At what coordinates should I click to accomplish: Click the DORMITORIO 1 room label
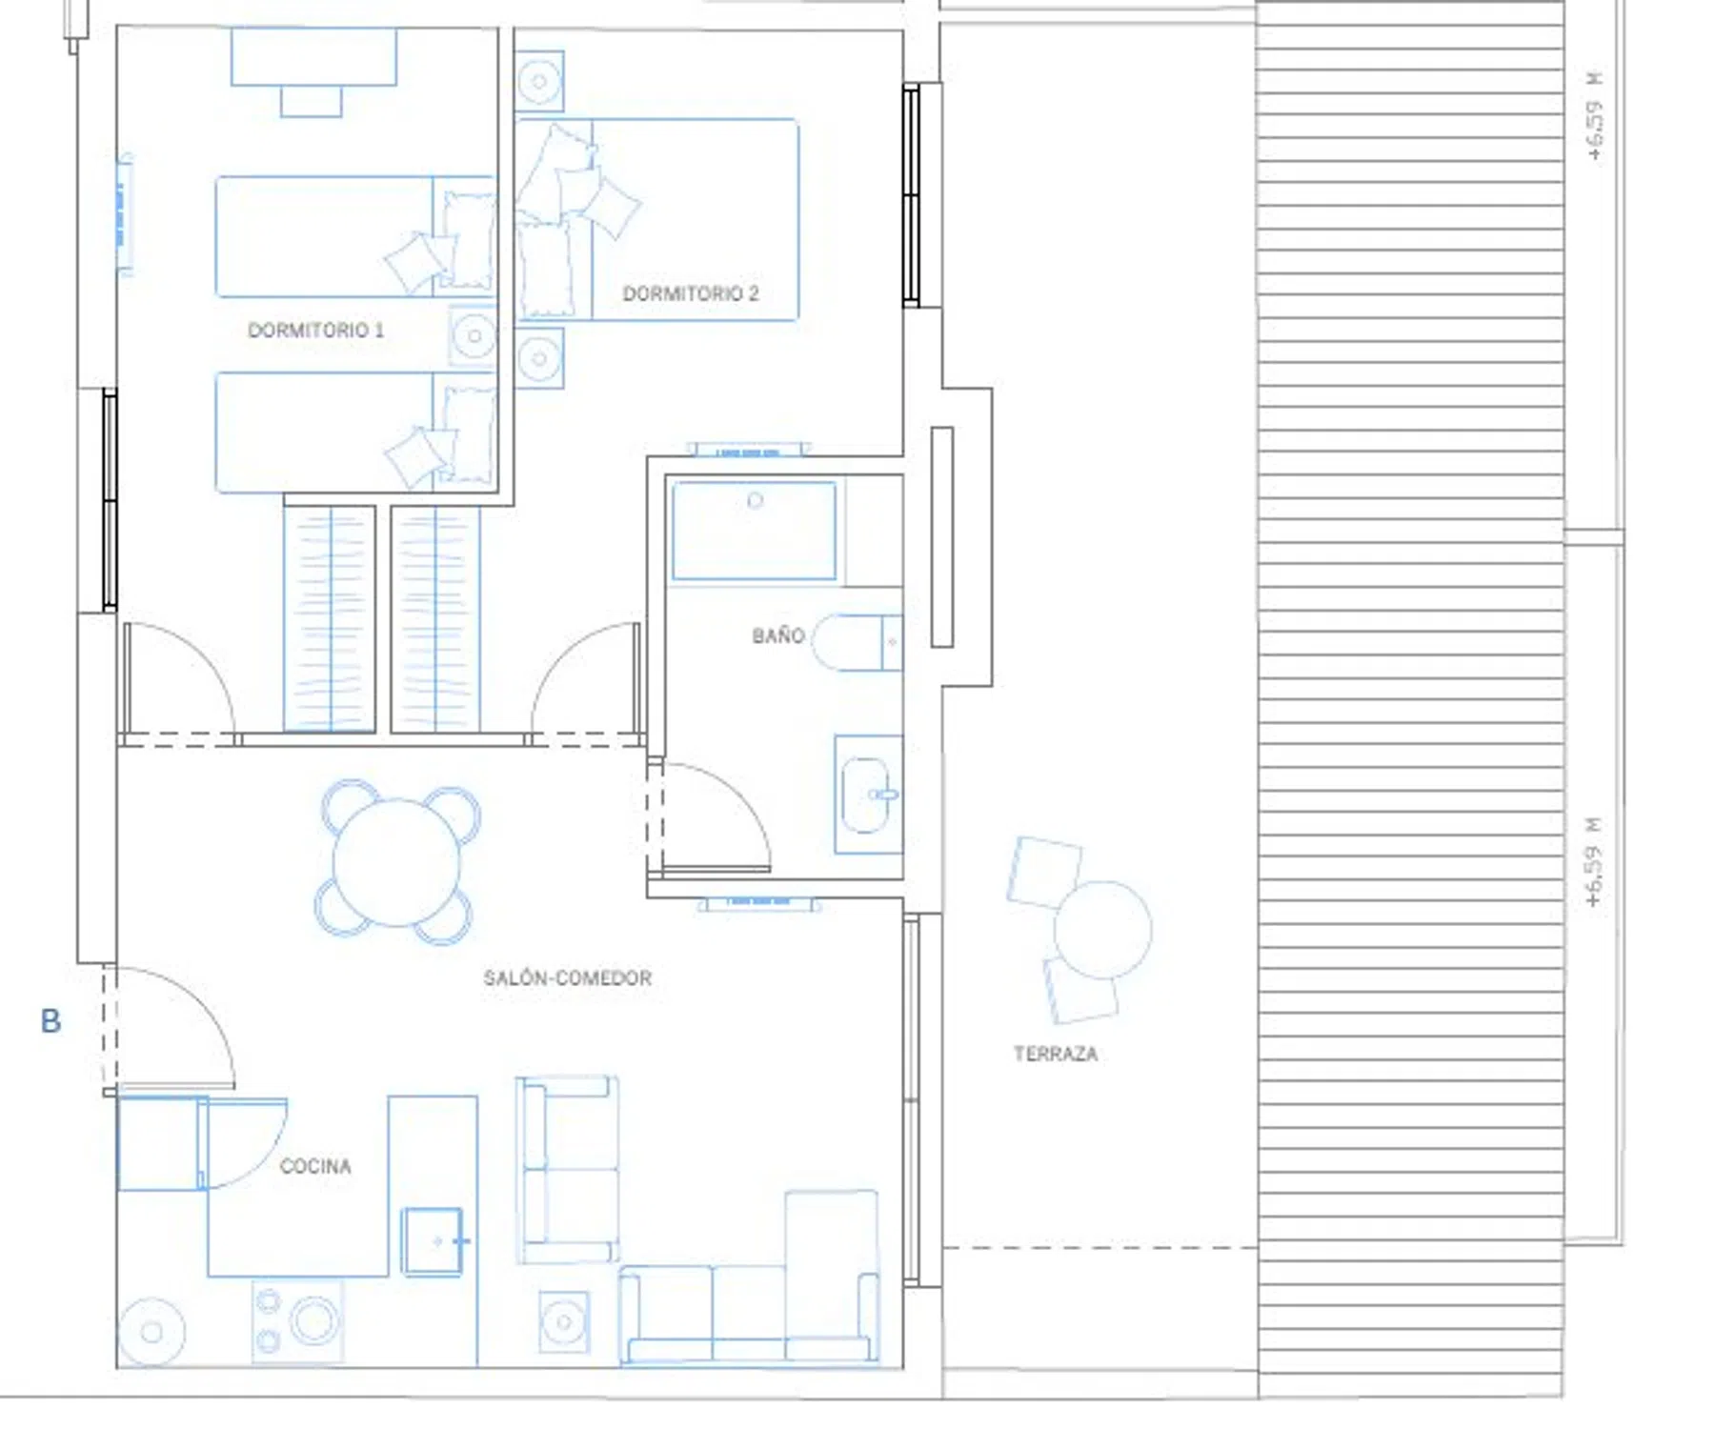click(x=315, y=330)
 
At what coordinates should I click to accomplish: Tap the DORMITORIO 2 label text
click(x=691, y=293)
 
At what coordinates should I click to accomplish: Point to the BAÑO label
click(x=778, y=635)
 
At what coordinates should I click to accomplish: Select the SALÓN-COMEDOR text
click(x=568, y=977)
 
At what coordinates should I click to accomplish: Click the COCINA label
click(x=315, y=1166)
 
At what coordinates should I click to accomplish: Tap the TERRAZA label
click(x=1056, y=1054)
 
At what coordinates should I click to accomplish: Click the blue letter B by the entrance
click(x=50, y=1021)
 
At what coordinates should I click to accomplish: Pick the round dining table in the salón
click(x=396, y=862)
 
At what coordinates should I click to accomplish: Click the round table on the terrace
click(x=1102, y=930)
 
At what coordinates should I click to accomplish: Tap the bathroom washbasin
click(x=867, y=795)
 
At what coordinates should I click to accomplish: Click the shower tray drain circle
click(x=755, y=500)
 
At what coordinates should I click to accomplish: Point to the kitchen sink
click(x=433, y=1240)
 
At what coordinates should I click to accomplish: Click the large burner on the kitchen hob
click(x=314, y=1320)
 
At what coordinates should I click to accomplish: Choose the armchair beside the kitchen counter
click(x=567, y=1170)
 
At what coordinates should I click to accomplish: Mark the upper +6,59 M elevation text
click(x=1595, y=116)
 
